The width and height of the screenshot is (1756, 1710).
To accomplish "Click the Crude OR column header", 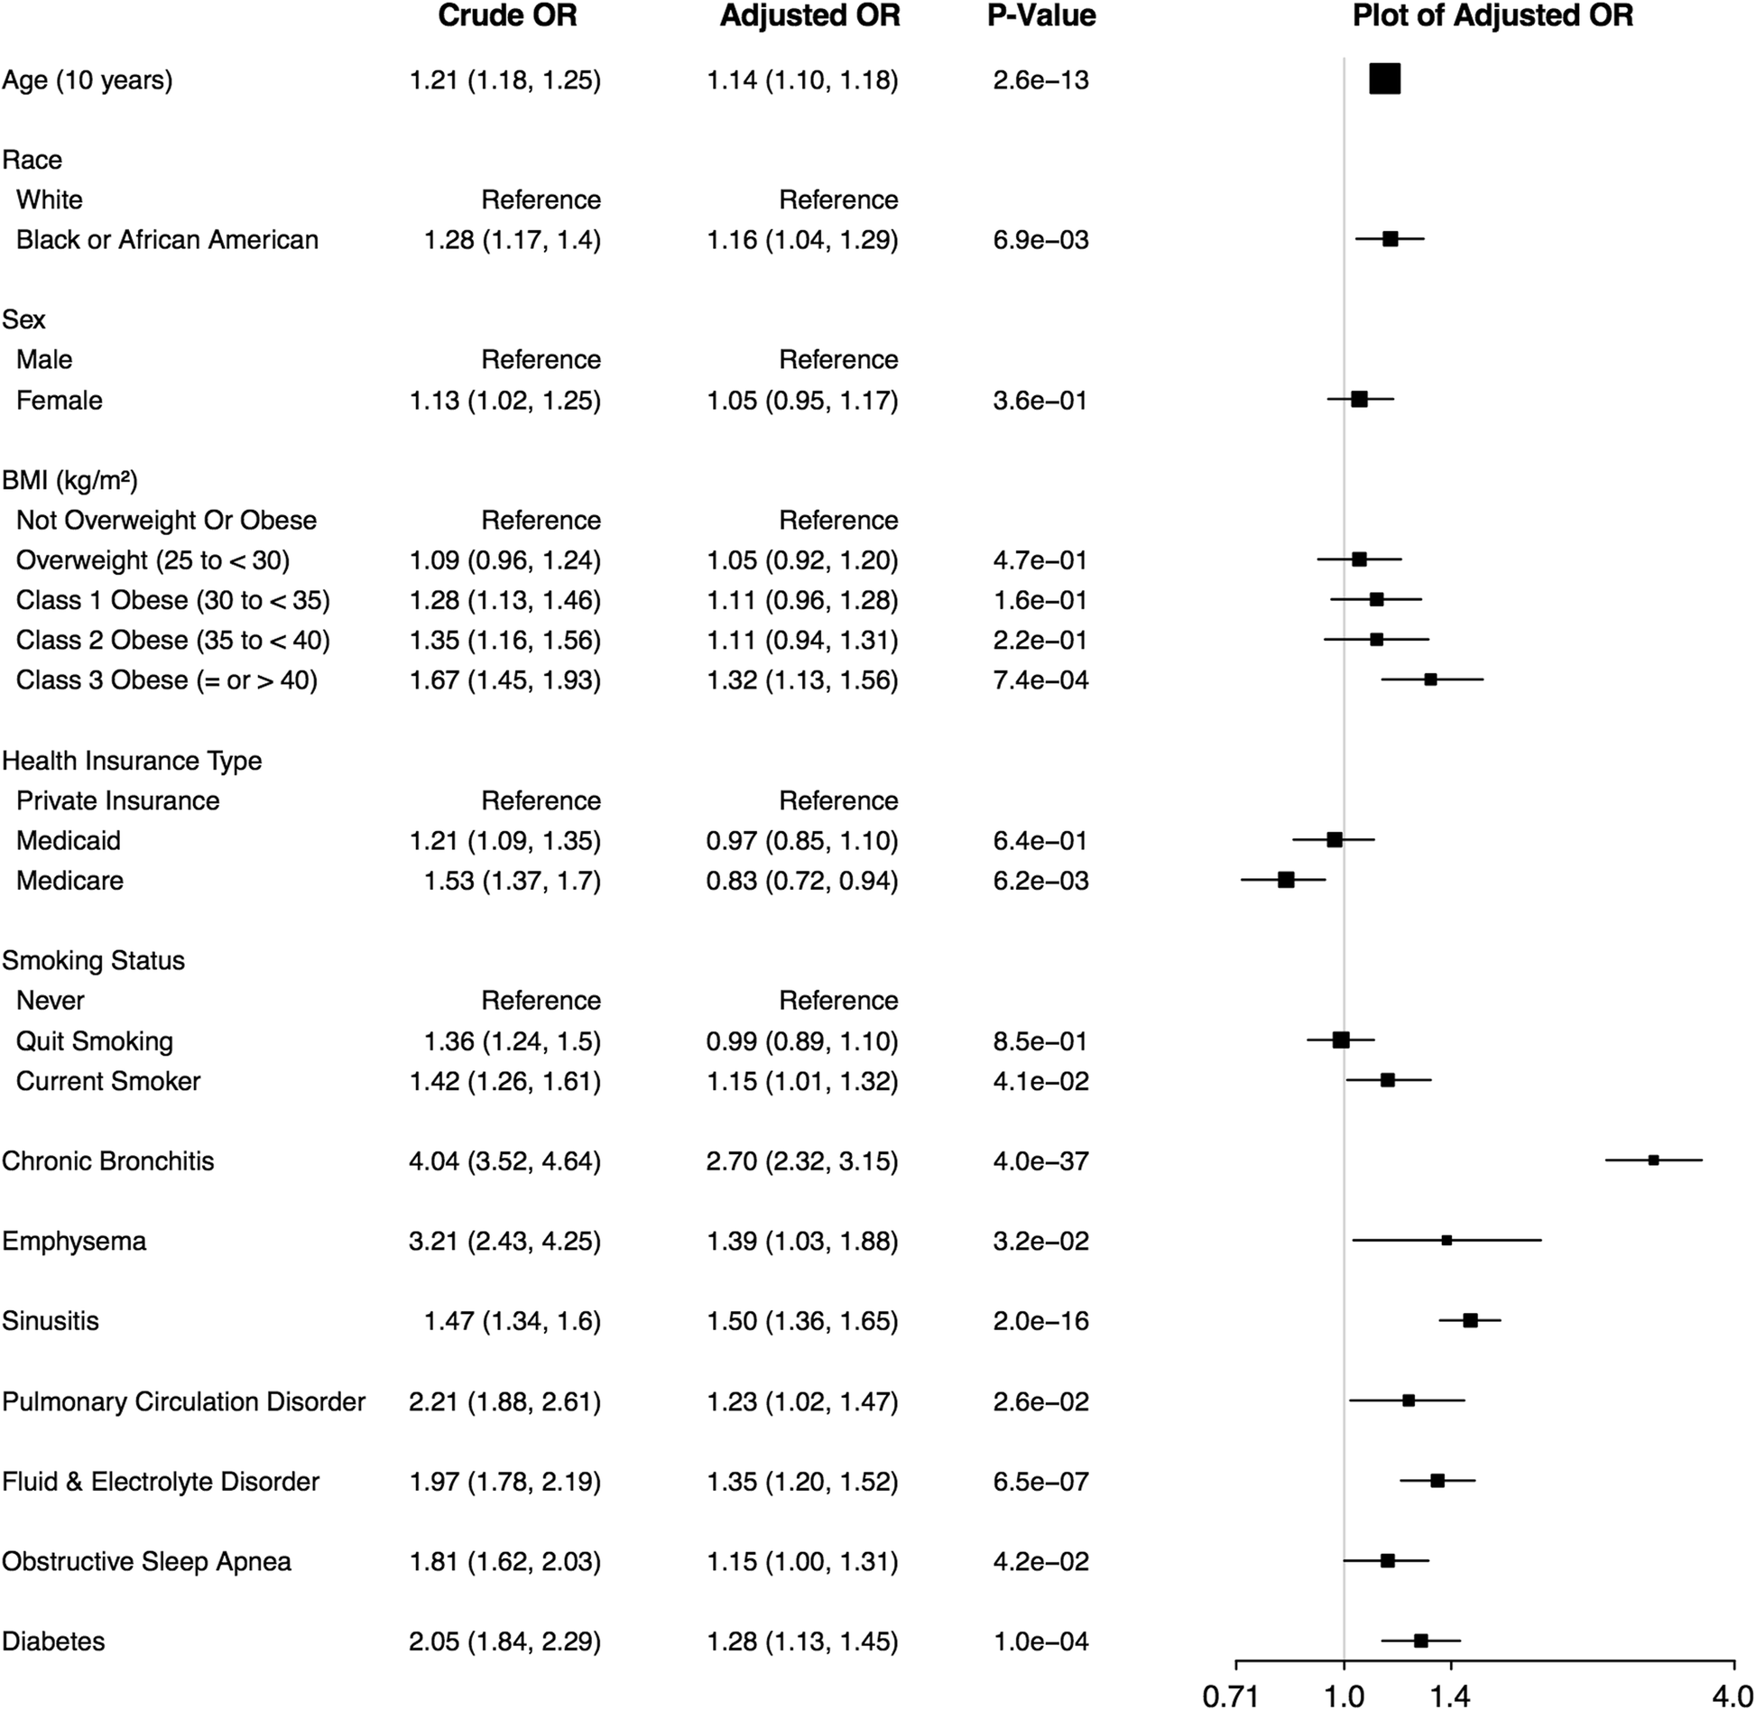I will point(507,16).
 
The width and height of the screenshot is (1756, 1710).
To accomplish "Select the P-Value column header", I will point(1041,16).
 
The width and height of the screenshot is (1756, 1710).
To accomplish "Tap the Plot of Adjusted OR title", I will point(1493,16).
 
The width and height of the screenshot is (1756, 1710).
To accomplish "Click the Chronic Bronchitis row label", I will point(108,1160).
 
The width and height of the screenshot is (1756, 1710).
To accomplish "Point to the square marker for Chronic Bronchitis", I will point(1653,1160).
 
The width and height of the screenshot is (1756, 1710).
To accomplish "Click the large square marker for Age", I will point(1384,79).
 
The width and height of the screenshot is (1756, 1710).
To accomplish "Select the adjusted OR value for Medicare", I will point(802,881).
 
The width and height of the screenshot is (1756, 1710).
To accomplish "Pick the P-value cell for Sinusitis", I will point(1040,1321).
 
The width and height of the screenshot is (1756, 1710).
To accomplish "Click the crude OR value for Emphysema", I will point(504,1241).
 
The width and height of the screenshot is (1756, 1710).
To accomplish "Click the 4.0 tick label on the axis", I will point(1733,1696).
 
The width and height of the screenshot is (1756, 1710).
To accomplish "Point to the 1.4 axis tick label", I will point(1450,1696).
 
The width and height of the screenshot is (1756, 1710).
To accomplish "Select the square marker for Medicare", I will point(1286,880).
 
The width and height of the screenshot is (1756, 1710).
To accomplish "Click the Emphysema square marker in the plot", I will point(1446,1241).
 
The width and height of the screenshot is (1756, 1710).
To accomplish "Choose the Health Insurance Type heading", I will point(132,761).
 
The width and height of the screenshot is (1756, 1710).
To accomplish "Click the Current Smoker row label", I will point(108,1081).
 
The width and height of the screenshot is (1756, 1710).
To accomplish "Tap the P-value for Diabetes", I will point(1040,1641).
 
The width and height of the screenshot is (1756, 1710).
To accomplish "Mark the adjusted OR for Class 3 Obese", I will point(802,680).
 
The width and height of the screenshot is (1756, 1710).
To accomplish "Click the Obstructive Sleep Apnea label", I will point(146,1562).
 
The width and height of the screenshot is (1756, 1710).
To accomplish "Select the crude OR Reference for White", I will point(541,199).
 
